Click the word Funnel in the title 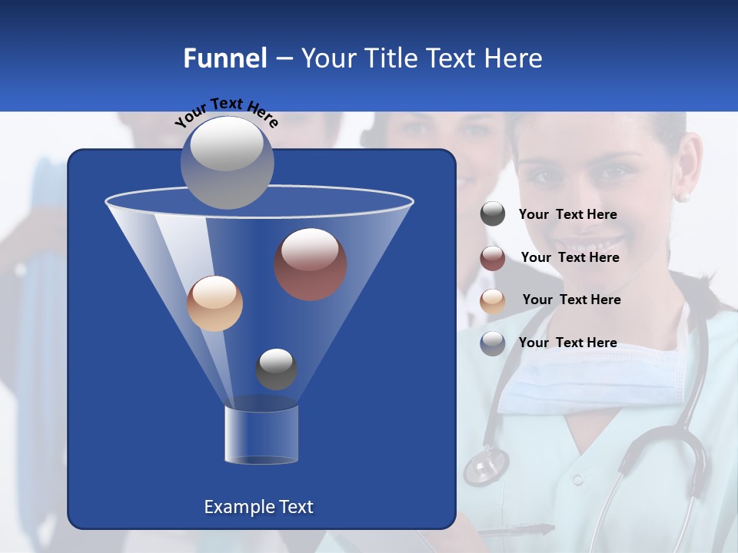(224, 58)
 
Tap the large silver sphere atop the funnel (227, 162)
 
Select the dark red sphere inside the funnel (310, 263)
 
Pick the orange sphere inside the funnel (214, 303)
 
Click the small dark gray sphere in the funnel (276, 369)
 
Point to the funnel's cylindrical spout (261, 434)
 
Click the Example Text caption (258, 507)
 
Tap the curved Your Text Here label (227, 111)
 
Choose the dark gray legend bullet (493, 214)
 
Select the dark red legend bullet (493, 257)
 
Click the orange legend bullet (493, 300)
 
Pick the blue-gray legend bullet (493, 343)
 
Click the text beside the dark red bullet (570, 257)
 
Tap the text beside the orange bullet (571, 300)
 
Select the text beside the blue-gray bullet (567, 343)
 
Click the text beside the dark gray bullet (567, 214)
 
